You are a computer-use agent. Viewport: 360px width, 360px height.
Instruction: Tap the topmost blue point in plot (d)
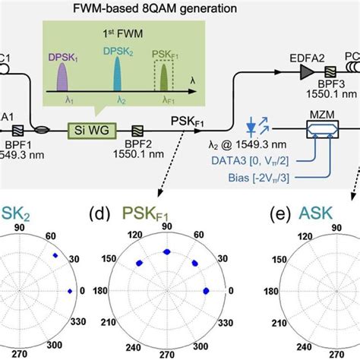166,252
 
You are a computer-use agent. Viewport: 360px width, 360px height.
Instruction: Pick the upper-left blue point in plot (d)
140,262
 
